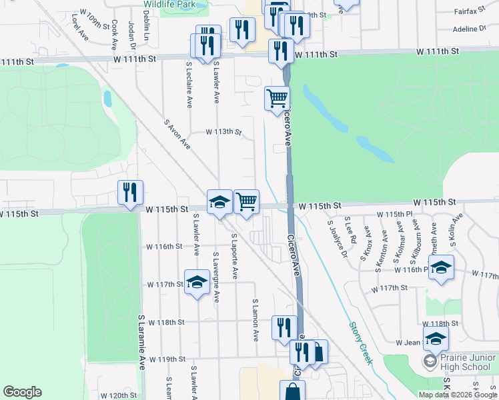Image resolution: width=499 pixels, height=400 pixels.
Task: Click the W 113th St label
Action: click(223, 132)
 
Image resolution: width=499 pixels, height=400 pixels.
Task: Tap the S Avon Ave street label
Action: click(177, 134)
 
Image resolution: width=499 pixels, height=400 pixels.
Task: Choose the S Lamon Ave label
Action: click(255, 321)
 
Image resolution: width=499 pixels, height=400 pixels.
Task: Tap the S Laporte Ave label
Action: click(234, 256)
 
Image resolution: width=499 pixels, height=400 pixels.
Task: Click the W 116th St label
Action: click(165, 247)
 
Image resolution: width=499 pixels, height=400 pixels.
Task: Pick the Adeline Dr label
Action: click(470, 29)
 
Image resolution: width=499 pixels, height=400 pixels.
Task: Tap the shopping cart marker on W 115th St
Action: click(247, 201)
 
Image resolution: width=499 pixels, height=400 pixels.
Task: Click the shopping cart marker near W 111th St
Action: click(277, 99)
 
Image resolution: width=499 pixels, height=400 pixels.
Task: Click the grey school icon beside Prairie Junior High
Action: click(430, 362)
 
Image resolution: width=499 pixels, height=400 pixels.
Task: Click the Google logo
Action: click(23, 392)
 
